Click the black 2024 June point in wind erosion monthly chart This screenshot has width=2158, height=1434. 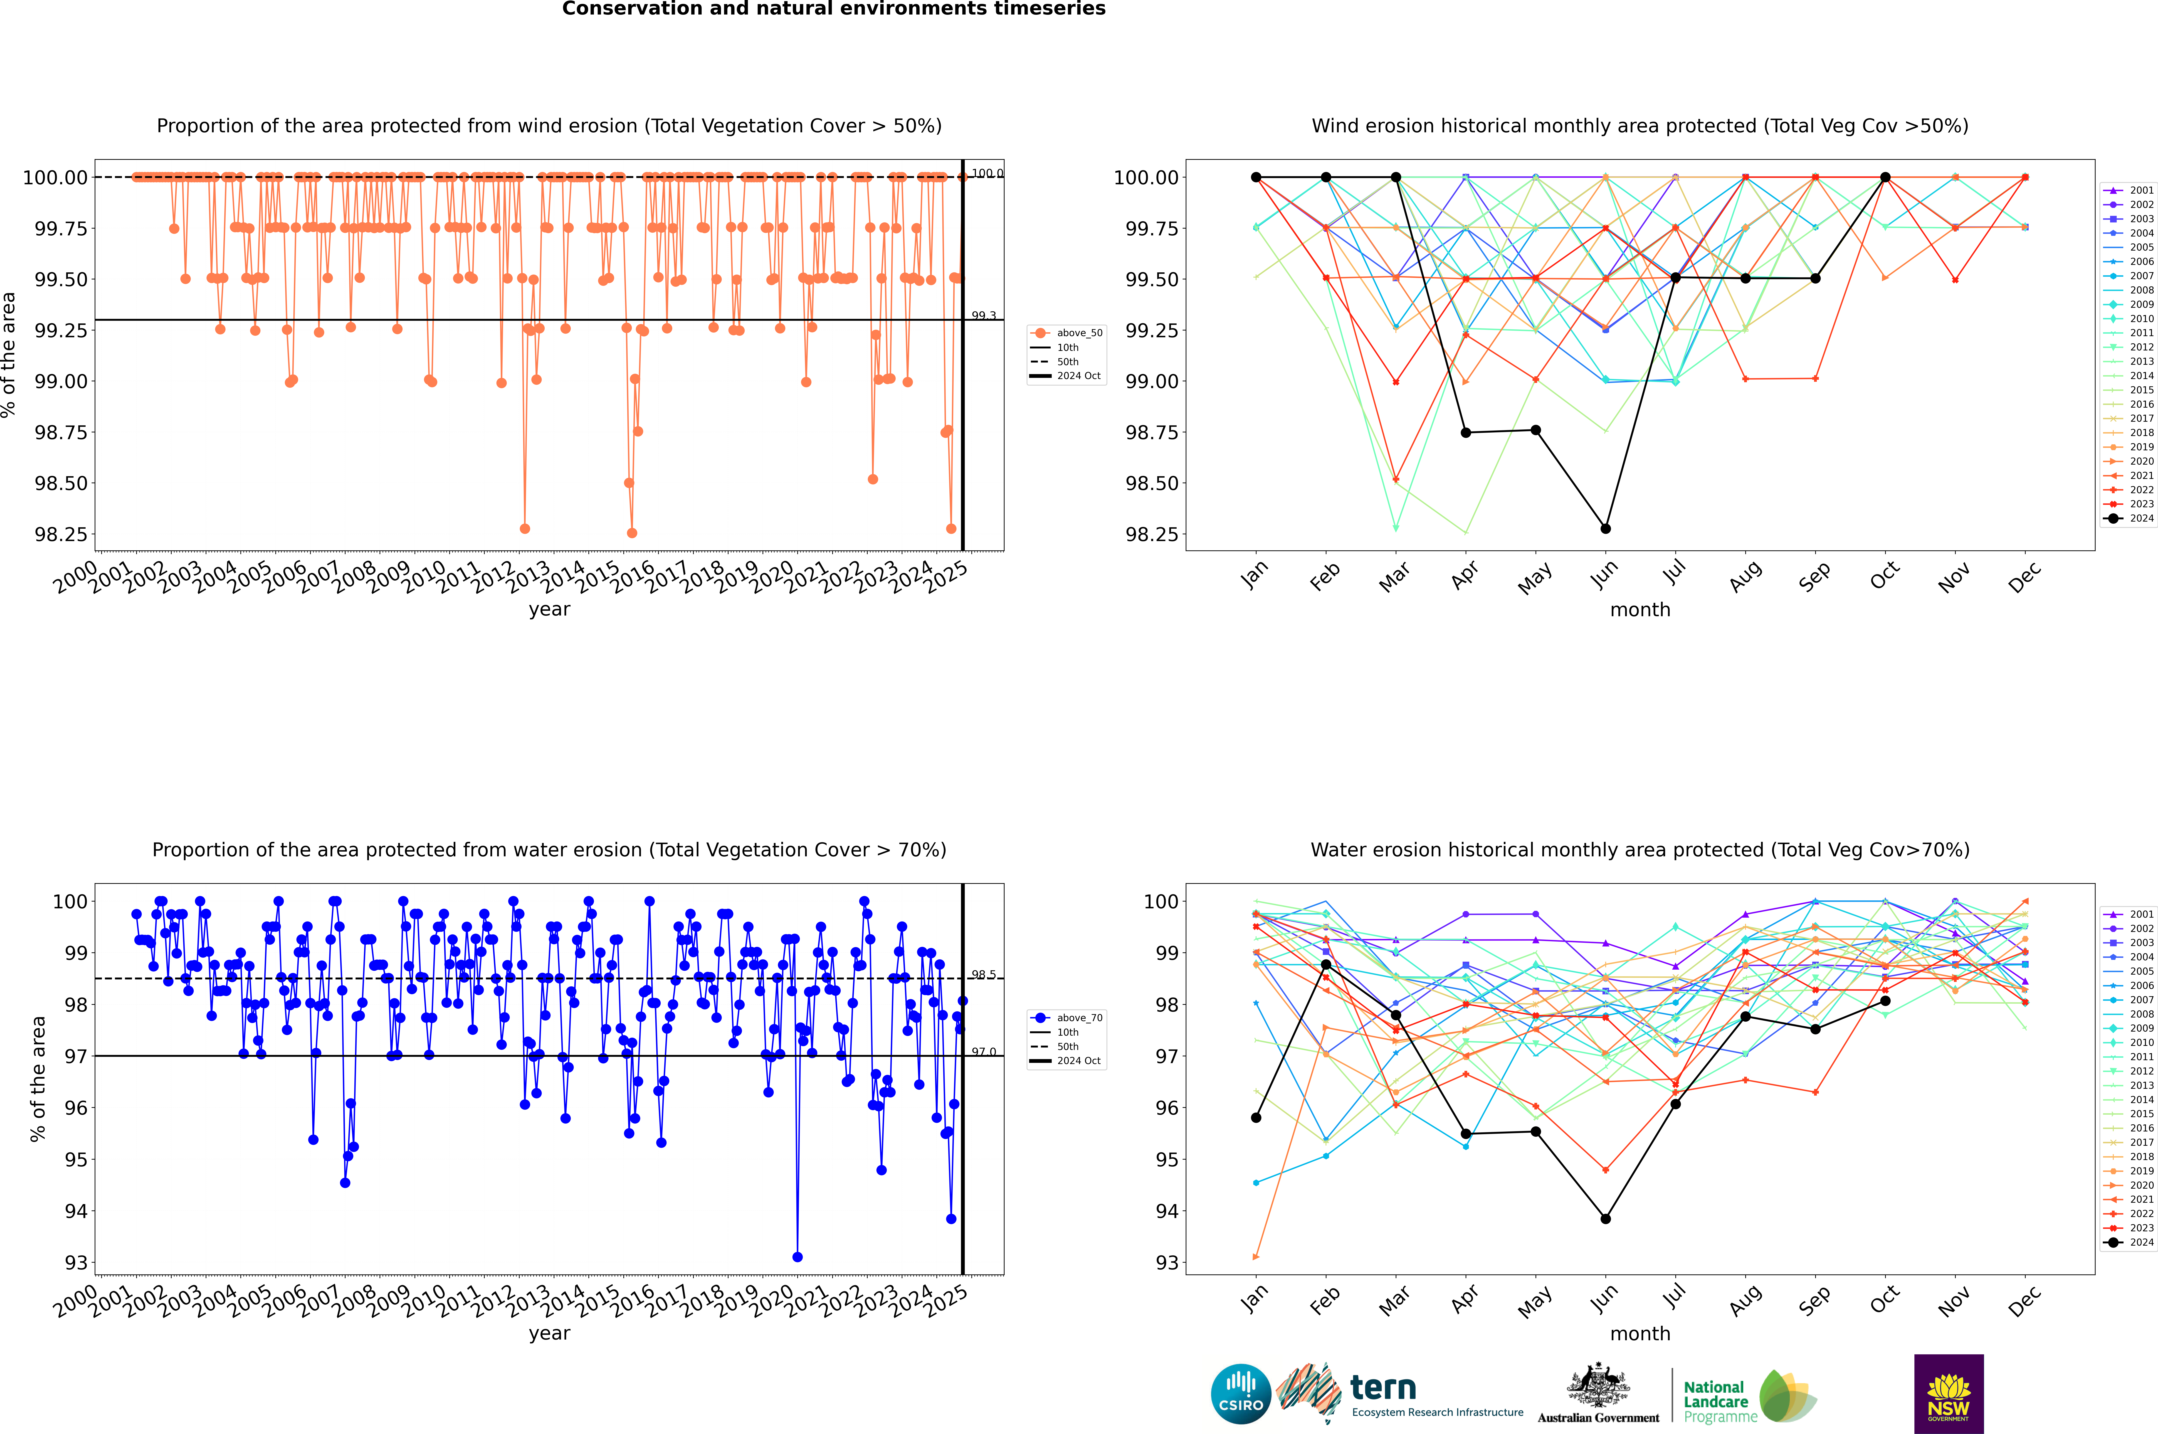[x=1605, y=529]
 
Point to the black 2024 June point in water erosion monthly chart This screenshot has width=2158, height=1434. [x=1605, y=1219]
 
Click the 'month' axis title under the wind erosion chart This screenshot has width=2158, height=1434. [x=1639, y=610]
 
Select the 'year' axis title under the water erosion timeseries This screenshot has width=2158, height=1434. [x=549, y=1333]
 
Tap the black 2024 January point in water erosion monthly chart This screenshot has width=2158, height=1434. [x=1256, y=1118]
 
